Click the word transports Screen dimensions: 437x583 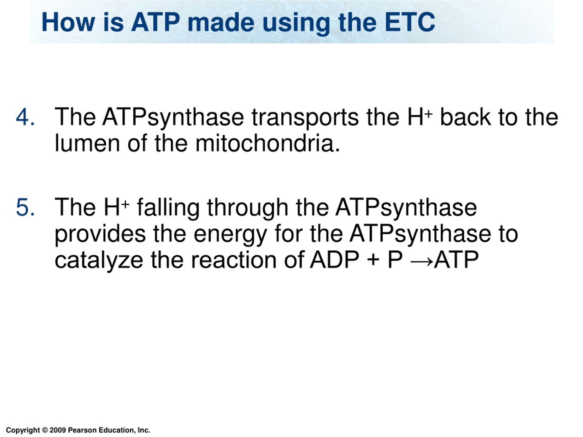pyautogui.click(x=305, y=117)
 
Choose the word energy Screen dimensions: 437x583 pyautogui.click(x=230, y=234)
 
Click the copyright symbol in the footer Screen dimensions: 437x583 pyautogui.click(x=45, y=430)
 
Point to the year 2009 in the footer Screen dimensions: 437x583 pyautogui.click(x=57, y=430)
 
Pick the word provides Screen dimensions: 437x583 pyautogui.click(x=100, y=234)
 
